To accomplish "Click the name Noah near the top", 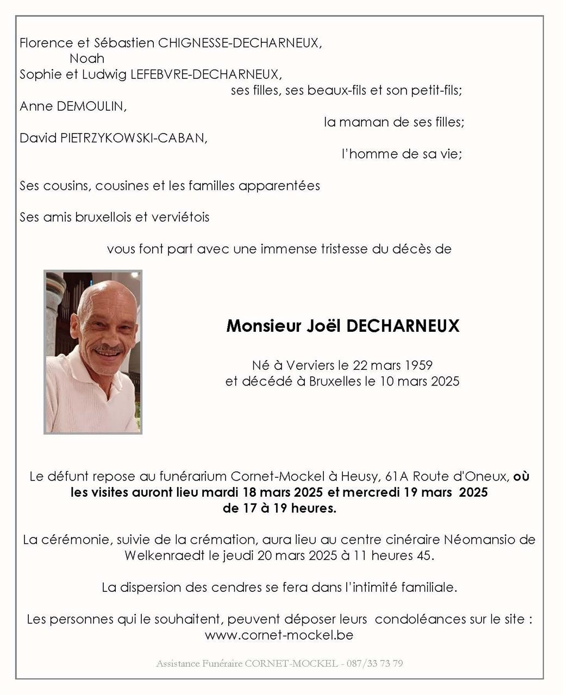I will tap(87, 59).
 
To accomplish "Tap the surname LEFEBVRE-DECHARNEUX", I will tap(204, 74).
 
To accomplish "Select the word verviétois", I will tap(180, 217).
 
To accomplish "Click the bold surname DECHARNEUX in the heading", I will tap(403, 326).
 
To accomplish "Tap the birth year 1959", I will tap(418, 365).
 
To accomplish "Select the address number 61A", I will tap(396, 477).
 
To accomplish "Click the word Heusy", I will tap(359, 477).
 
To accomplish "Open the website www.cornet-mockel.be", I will tap(279, 635).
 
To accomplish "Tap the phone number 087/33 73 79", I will tap(376, 664).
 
